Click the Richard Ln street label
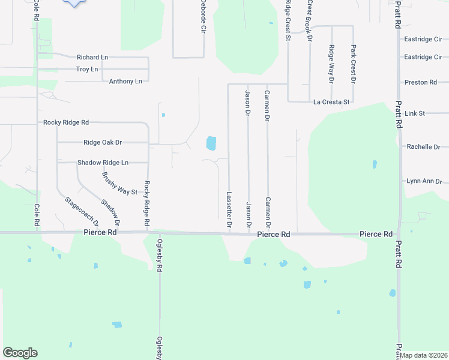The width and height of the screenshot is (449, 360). pyautogui.click(x=92, y=58)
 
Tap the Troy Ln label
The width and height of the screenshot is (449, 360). pyautogui.click(x=87, y=70)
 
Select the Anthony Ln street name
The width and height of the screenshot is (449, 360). pyautogui.click(x=125, y=81)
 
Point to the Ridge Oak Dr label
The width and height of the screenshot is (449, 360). pyautogui.click(x=103, y=142)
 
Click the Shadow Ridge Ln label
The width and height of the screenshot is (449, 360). pyautogui.click(x=103, y=163)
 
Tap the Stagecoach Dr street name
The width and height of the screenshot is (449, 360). pyautogui.click(x=77, y=206)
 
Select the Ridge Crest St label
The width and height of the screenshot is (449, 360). pyautogui.click(x=288, y=20)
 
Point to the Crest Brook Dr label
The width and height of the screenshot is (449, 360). pyautogui.click(x=310, y=20)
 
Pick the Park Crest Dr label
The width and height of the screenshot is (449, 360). pyautogui.click(x=354, y=64)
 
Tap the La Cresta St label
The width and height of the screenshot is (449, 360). pyautogui.click(x=331, y=102)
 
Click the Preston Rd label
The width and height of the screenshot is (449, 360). pyautogui.click(x=421, y=82)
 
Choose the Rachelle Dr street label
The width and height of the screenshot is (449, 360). pyautogui.click(x=423, y=146)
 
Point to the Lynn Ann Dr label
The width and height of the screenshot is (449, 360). pyautogui.click(x=424, y=181)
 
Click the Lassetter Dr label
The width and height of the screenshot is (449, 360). pyautogui.click(x=229, y=209)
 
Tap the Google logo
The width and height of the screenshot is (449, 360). pyautogui.click(x=20, y=353)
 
